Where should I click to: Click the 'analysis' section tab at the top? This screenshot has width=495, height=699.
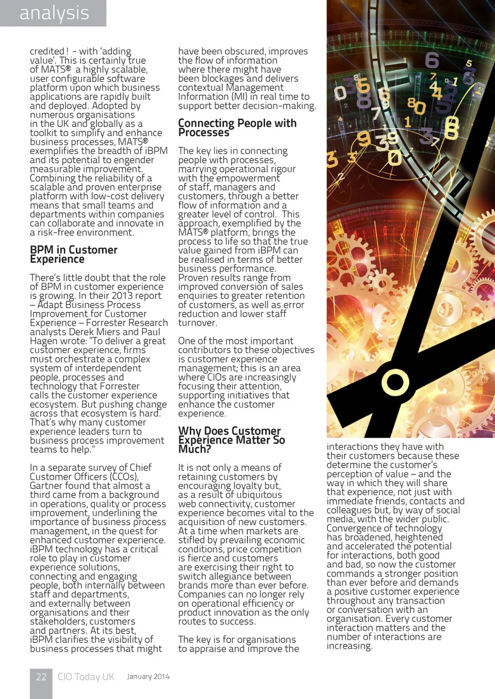(54, 13)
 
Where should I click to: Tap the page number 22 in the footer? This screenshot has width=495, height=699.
(41, 677)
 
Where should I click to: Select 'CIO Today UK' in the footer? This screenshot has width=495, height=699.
(86, 677)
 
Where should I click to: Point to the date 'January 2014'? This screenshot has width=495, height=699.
(148, 677)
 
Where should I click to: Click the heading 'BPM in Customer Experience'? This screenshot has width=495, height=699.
(73, 254)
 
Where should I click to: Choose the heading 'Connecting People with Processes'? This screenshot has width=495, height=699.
(237, 128)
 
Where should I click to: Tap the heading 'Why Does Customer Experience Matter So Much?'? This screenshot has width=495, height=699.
(231, 440)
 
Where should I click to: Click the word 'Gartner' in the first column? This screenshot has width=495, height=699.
(47, 486)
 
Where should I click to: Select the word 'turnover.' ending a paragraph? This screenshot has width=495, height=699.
(197, 323)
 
